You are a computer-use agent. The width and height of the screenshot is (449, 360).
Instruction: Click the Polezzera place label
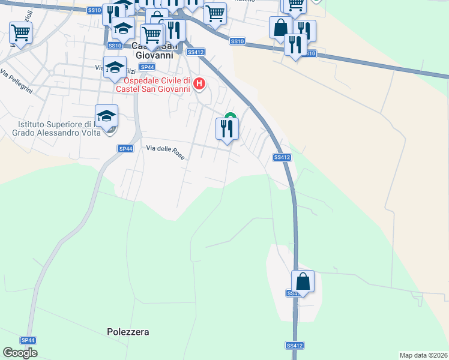tap(128, 331)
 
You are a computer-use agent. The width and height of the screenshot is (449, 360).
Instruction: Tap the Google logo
tap(20, 353)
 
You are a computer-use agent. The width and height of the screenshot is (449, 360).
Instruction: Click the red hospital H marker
tap(200, 83)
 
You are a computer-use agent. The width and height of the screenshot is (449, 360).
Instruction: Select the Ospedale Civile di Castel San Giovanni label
tap(157, 85)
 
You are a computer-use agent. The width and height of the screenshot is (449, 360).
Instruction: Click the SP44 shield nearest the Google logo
tap(28, 340)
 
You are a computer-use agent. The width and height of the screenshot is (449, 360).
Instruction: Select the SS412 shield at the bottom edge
tap(294, 346)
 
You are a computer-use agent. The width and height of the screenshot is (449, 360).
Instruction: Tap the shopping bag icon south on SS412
tap(303, 281)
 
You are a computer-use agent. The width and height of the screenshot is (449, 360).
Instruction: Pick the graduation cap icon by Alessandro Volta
tap(106, 116)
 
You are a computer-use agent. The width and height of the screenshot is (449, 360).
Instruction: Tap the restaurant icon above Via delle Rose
tap(227, 128)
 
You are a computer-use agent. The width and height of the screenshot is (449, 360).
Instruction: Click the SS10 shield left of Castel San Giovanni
tap(115, 45)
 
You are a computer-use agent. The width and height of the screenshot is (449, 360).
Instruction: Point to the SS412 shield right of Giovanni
tap(193, 52)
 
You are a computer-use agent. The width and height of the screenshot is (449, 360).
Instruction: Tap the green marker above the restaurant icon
tap(229, 116)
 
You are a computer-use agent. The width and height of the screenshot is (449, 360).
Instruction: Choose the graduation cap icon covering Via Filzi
tap(115, 67)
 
